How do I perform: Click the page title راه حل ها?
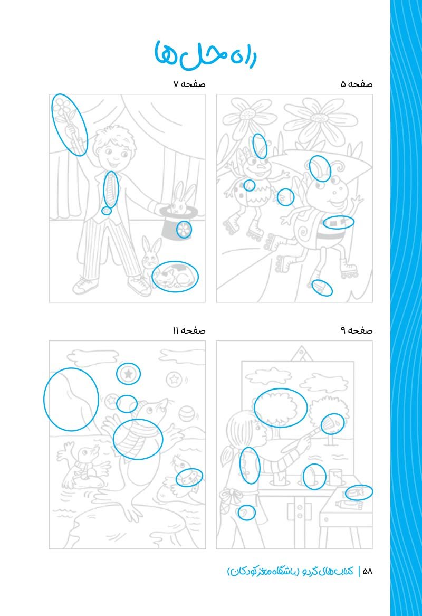pos(205,54)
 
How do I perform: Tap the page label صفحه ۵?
pos(357,84)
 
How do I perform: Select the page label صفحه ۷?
pos(189,84)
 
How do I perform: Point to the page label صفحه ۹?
pos(357,330)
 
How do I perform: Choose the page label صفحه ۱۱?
pos(189,330)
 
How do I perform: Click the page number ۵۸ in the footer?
pos(368,572)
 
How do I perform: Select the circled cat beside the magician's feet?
pos(175,277)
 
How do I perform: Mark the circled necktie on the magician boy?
pos(111,189)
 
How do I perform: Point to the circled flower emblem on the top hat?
pos(184,230)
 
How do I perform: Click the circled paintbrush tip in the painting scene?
pos(332,424)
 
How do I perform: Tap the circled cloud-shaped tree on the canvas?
pos(281,408)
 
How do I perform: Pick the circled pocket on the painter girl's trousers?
pos(246,513)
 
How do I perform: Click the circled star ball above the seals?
pos(128,374)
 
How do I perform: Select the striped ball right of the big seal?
pos(186,414)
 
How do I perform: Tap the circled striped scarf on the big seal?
pos(138,439)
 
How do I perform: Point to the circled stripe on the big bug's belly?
pos(338,222)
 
